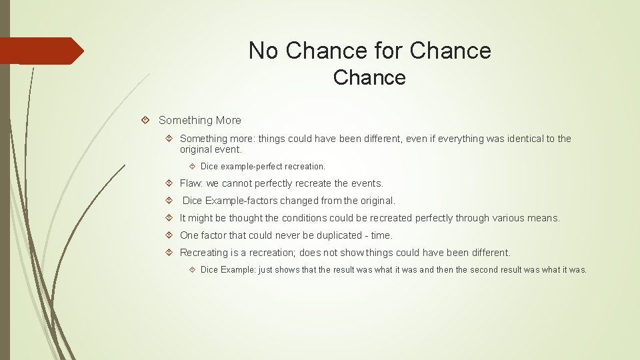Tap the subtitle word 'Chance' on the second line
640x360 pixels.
(x=369, y=78)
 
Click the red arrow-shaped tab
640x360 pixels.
(x=41, y=51)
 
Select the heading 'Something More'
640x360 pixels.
(x=200, y=121)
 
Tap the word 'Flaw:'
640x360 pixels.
(x=193, y=183)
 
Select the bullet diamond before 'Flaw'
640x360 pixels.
(x=169, y=183)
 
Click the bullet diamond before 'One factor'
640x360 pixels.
(x=169, y=235)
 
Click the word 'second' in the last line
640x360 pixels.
(x=489, y=270)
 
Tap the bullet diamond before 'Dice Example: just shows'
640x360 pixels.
(x=191, y=270)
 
